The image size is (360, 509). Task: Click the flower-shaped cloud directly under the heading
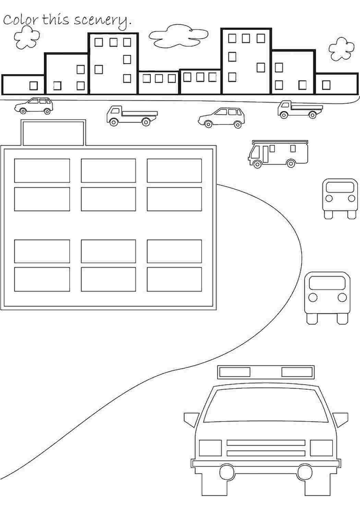tap(27, 37)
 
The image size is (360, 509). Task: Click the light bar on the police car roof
tap(266, 372)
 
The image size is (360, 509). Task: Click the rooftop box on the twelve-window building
tap(53, 133)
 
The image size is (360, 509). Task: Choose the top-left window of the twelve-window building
tap(42, 171)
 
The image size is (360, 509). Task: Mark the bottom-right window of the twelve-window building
tap(174, 279)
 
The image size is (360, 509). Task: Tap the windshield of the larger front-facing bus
tap(327, 283)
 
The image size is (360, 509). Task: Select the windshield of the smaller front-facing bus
tap(340, 187)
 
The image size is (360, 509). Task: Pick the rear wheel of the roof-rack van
tap(291, 163)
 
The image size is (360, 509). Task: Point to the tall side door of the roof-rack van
tap(265, 154)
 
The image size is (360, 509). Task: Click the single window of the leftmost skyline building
tap(34, 86)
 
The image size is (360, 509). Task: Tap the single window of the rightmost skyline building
tap(326, 85)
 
